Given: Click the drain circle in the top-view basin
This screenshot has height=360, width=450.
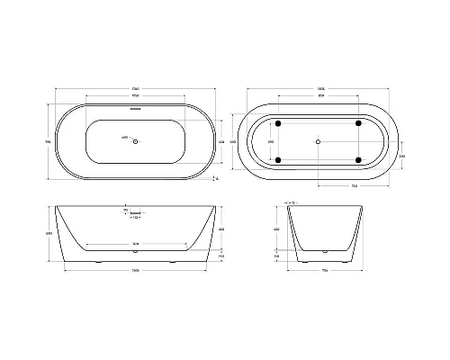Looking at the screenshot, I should pos(135,141).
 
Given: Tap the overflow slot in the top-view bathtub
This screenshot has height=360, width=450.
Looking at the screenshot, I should pos(135,110).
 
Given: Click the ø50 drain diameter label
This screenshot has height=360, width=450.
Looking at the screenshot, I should pos(122,138).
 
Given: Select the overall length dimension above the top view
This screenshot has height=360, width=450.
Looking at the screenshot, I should pos(135,88).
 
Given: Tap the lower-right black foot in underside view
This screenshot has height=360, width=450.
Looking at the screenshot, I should pos(359,160).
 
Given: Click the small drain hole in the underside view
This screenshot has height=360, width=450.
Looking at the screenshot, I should pos(319,141).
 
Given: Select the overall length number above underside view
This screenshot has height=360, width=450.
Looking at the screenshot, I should pos(319,88).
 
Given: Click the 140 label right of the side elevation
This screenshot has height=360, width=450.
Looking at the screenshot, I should pos(221,256).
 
